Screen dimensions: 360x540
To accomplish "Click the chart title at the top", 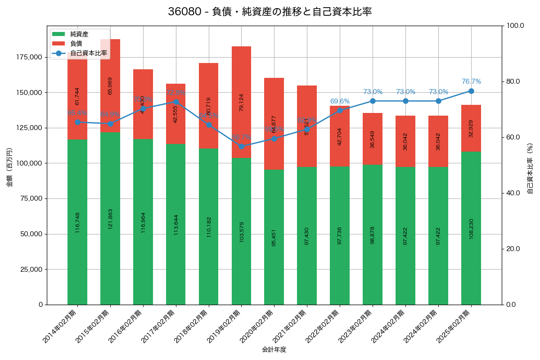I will tap(270, 12).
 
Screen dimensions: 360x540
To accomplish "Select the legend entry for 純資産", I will tap(79, 34).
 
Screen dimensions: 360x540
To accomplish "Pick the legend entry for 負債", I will tap(76, 44).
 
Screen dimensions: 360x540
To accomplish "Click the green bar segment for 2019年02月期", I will tap(241, 231).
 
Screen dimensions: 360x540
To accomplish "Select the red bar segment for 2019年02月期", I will tap(241, 102).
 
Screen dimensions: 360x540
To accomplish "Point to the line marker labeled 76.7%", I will tap(471, 91).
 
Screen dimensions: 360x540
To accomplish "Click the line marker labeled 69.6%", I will tap(340, 110).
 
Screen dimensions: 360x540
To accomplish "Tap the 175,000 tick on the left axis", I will tap(29, 57).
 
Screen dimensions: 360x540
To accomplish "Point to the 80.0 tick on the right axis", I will tap(513, 81).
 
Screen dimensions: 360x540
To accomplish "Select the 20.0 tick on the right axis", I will tap(513, 249).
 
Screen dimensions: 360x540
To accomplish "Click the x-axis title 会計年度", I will tap(274, 350).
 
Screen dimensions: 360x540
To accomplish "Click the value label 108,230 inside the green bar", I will tap(471, 229).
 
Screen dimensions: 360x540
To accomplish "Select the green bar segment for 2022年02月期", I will tap(340, 235).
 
